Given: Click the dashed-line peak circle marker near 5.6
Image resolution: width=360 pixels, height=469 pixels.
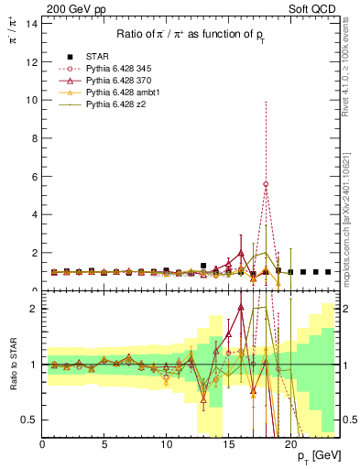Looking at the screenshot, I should (266, 184).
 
